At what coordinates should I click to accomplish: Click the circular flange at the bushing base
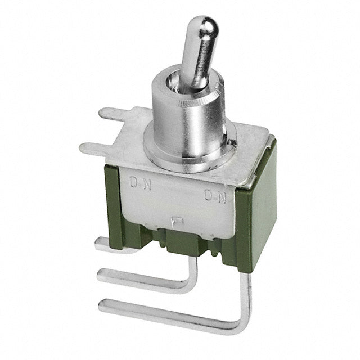click(190, 151)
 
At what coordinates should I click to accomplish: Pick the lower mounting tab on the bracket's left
click(94, 147)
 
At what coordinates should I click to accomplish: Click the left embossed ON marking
click(140, 183)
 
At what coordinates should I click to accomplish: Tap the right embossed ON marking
click(215, 196)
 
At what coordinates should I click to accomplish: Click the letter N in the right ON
click(222, 197)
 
